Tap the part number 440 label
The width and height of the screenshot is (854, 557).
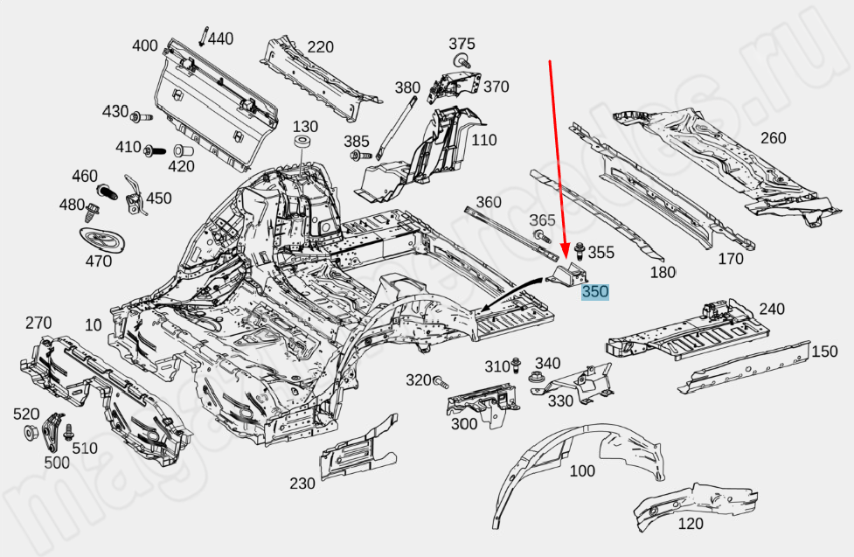[221, 38]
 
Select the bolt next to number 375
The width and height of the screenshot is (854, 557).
[461, 61]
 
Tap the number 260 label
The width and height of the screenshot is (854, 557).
[773, 138]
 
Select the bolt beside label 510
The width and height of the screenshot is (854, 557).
[70, 432]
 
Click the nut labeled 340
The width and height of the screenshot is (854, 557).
[535, 379]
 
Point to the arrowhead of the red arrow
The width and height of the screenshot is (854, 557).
[566, 254]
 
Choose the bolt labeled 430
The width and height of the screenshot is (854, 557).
[139, 116]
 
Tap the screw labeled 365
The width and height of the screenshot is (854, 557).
[538, 236]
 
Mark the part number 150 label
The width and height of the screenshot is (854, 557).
[824, 352]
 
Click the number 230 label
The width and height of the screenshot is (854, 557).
[302, 484]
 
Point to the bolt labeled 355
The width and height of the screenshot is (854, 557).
[579, 254]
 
